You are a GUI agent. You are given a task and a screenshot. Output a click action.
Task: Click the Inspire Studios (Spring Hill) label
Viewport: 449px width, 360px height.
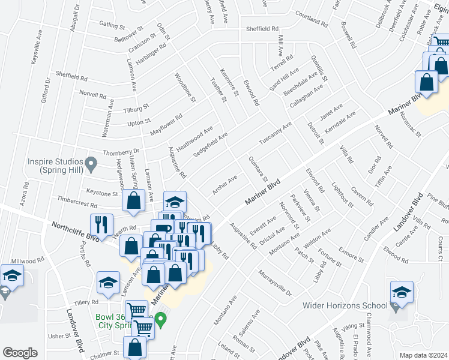pos(55,166)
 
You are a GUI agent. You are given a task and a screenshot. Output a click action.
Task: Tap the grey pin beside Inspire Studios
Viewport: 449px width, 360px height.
pos(91,163)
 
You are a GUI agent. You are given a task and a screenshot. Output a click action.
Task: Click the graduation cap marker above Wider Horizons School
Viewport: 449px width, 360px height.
pos(402,292)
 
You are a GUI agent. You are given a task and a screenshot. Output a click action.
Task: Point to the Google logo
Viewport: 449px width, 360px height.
pos(20,353)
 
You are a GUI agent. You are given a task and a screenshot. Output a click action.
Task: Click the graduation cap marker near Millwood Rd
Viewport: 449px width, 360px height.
pos(12,277)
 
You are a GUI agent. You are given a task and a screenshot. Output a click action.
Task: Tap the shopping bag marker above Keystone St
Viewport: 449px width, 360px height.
pos(133,201)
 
